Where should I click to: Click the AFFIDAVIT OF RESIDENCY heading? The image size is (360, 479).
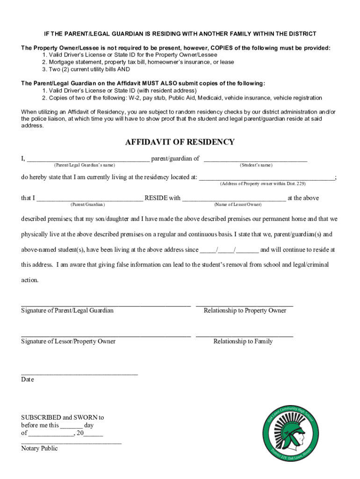(180, 142)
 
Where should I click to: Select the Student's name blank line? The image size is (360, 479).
(256, 160)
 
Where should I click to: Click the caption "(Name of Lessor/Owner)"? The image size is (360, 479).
(238, 204)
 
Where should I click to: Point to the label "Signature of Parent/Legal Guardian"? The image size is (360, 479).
(67, 311)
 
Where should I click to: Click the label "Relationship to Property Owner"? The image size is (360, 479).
(245, 311)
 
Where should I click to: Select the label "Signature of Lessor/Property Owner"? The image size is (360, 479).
(68, 341)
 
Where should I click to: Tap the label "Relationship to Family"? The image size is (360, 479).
(243, 341)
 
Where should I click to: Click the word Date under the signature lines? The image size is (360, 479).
(28, 379)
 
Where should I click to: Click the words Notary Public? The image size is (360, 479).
(39, 449)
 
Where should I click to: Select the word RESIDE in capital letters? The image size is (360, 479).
(156, 198)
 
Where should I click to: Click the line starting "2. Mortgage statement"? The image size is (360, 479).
(138, 62)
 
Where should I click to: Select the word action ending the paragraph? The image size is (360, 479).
(29, 280)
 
